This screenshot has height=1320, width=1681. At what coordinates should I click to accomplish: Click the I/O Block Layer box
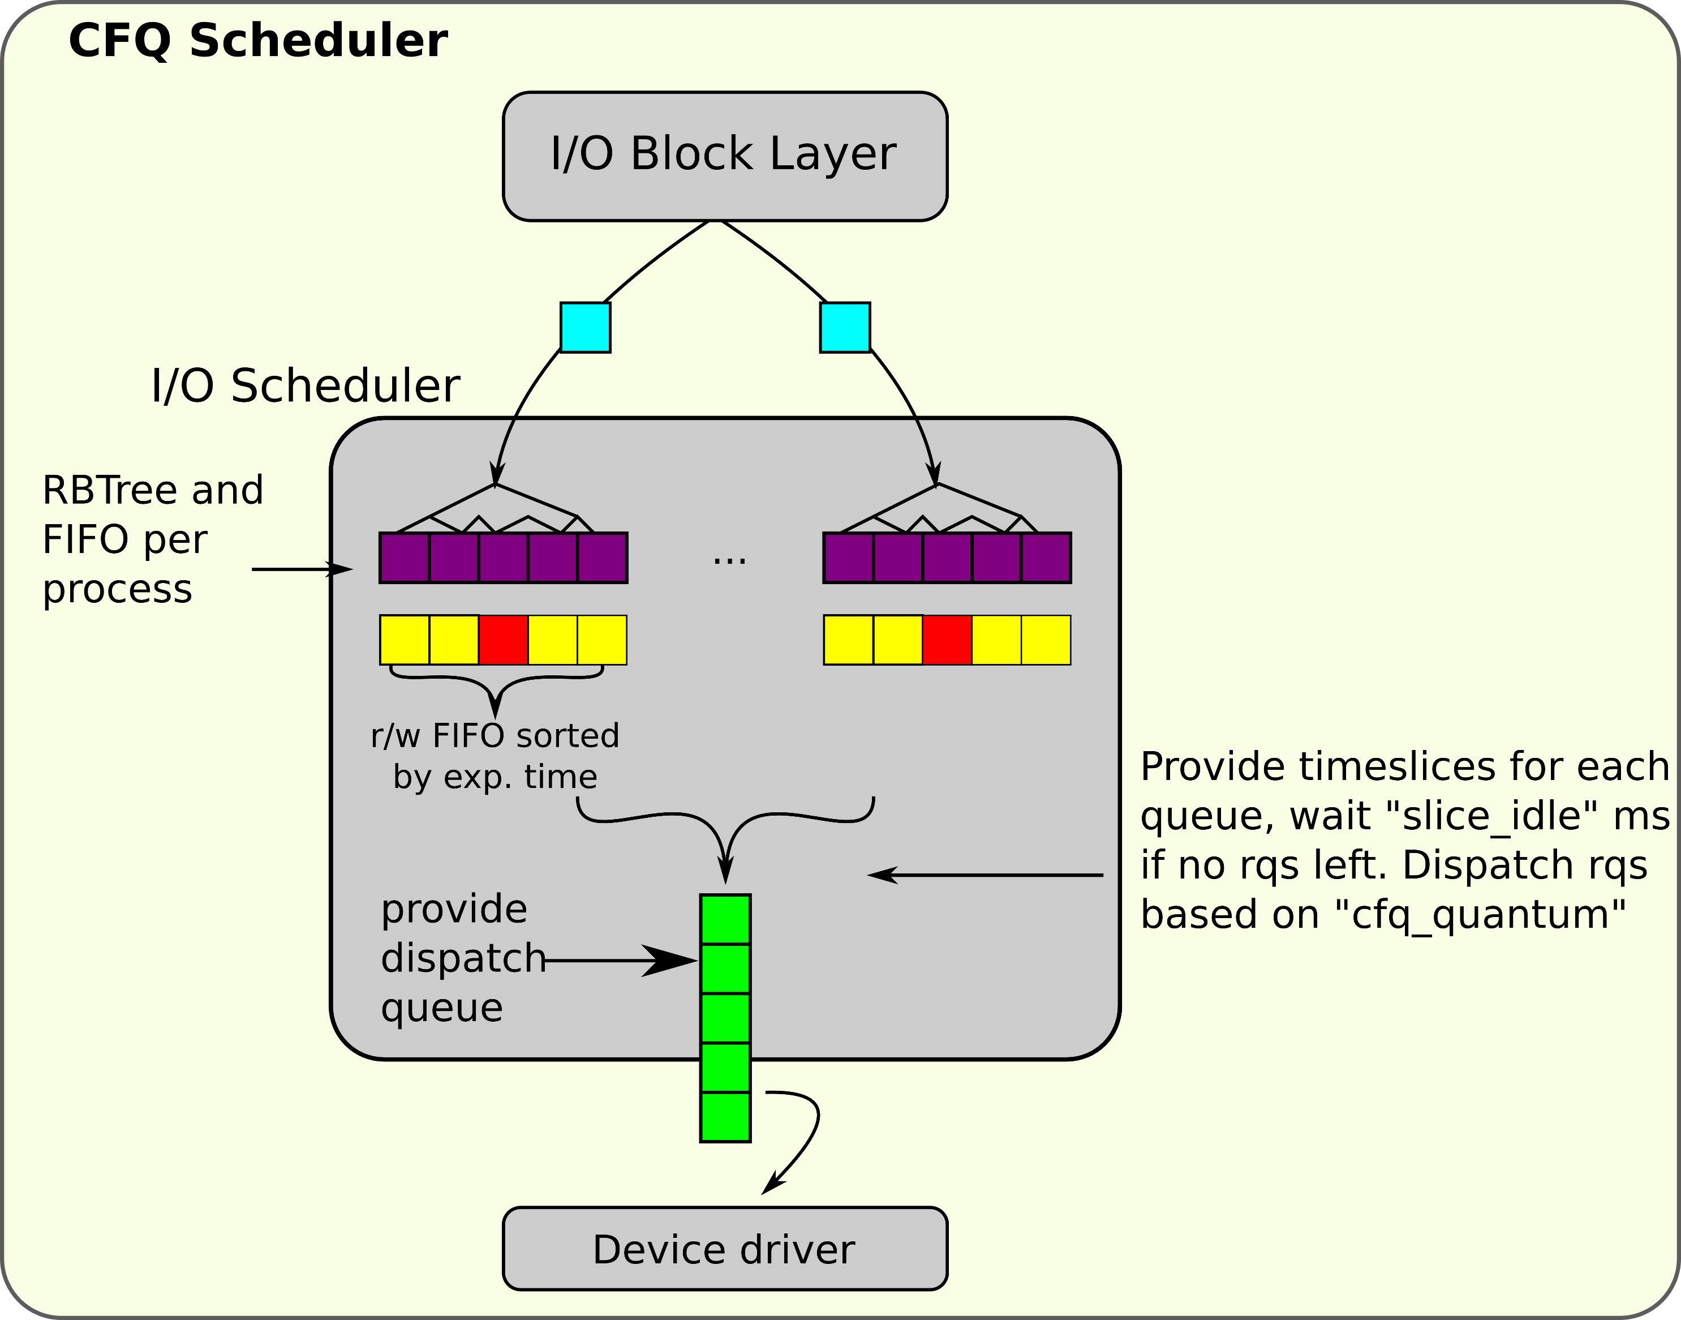pos(725,156)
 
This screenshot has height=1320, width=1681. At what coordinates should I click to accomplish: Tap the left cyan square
pos(585,328)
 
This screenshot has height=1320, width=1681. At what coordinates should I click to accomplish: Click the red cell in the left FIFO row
pos(503,640)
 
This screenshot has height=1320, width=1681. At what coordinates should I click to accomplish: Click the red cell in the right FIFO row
pos(947,640)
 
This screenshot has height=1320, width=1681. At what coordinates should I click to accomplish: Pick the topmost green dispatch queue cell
pos(725,920)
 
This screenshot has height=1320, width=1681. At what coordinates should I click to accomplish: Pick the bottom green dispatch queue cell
pos(725,1117)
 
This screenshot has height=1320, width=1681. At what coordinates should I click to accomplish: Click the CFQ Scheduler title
pos(258,40)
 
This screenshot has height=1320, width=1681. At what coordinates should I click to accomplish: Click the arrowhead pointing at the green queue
pos(672,961)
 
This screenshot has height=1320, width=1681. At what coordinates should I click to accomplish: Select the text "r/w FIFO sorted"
pos(495,736)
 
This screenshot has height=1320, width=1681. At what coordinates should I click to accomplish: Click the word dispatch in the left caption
pos(462,958)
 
